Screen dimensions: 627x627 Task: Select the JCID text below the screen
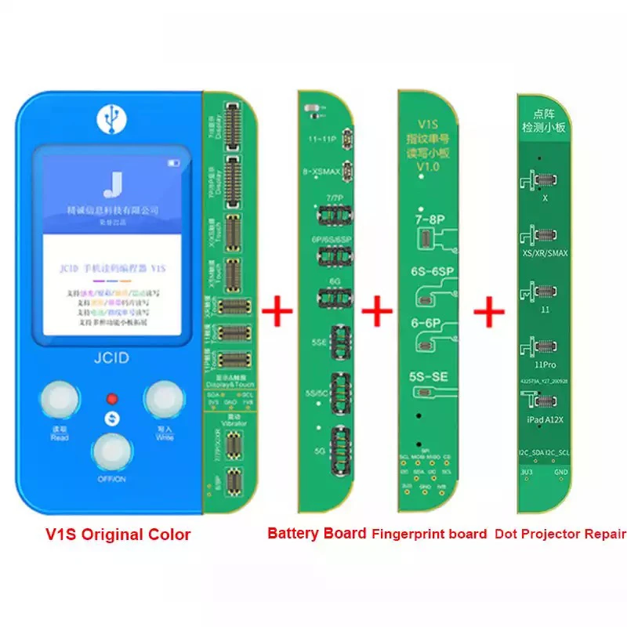click(x=111, y=359)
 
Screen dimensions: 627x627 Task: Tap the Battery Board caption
click(x=317, y=533)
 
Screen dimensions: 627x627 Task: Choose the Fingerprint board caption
click(x=428, y=534)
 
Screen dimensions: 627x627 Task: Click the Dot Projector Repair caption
click(x=560, y=534)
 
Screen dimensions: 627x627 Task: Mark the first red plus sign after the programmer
click(x=277, y=312)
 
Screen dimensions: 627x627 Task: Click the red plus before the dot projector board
click(x=491, y=312)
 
